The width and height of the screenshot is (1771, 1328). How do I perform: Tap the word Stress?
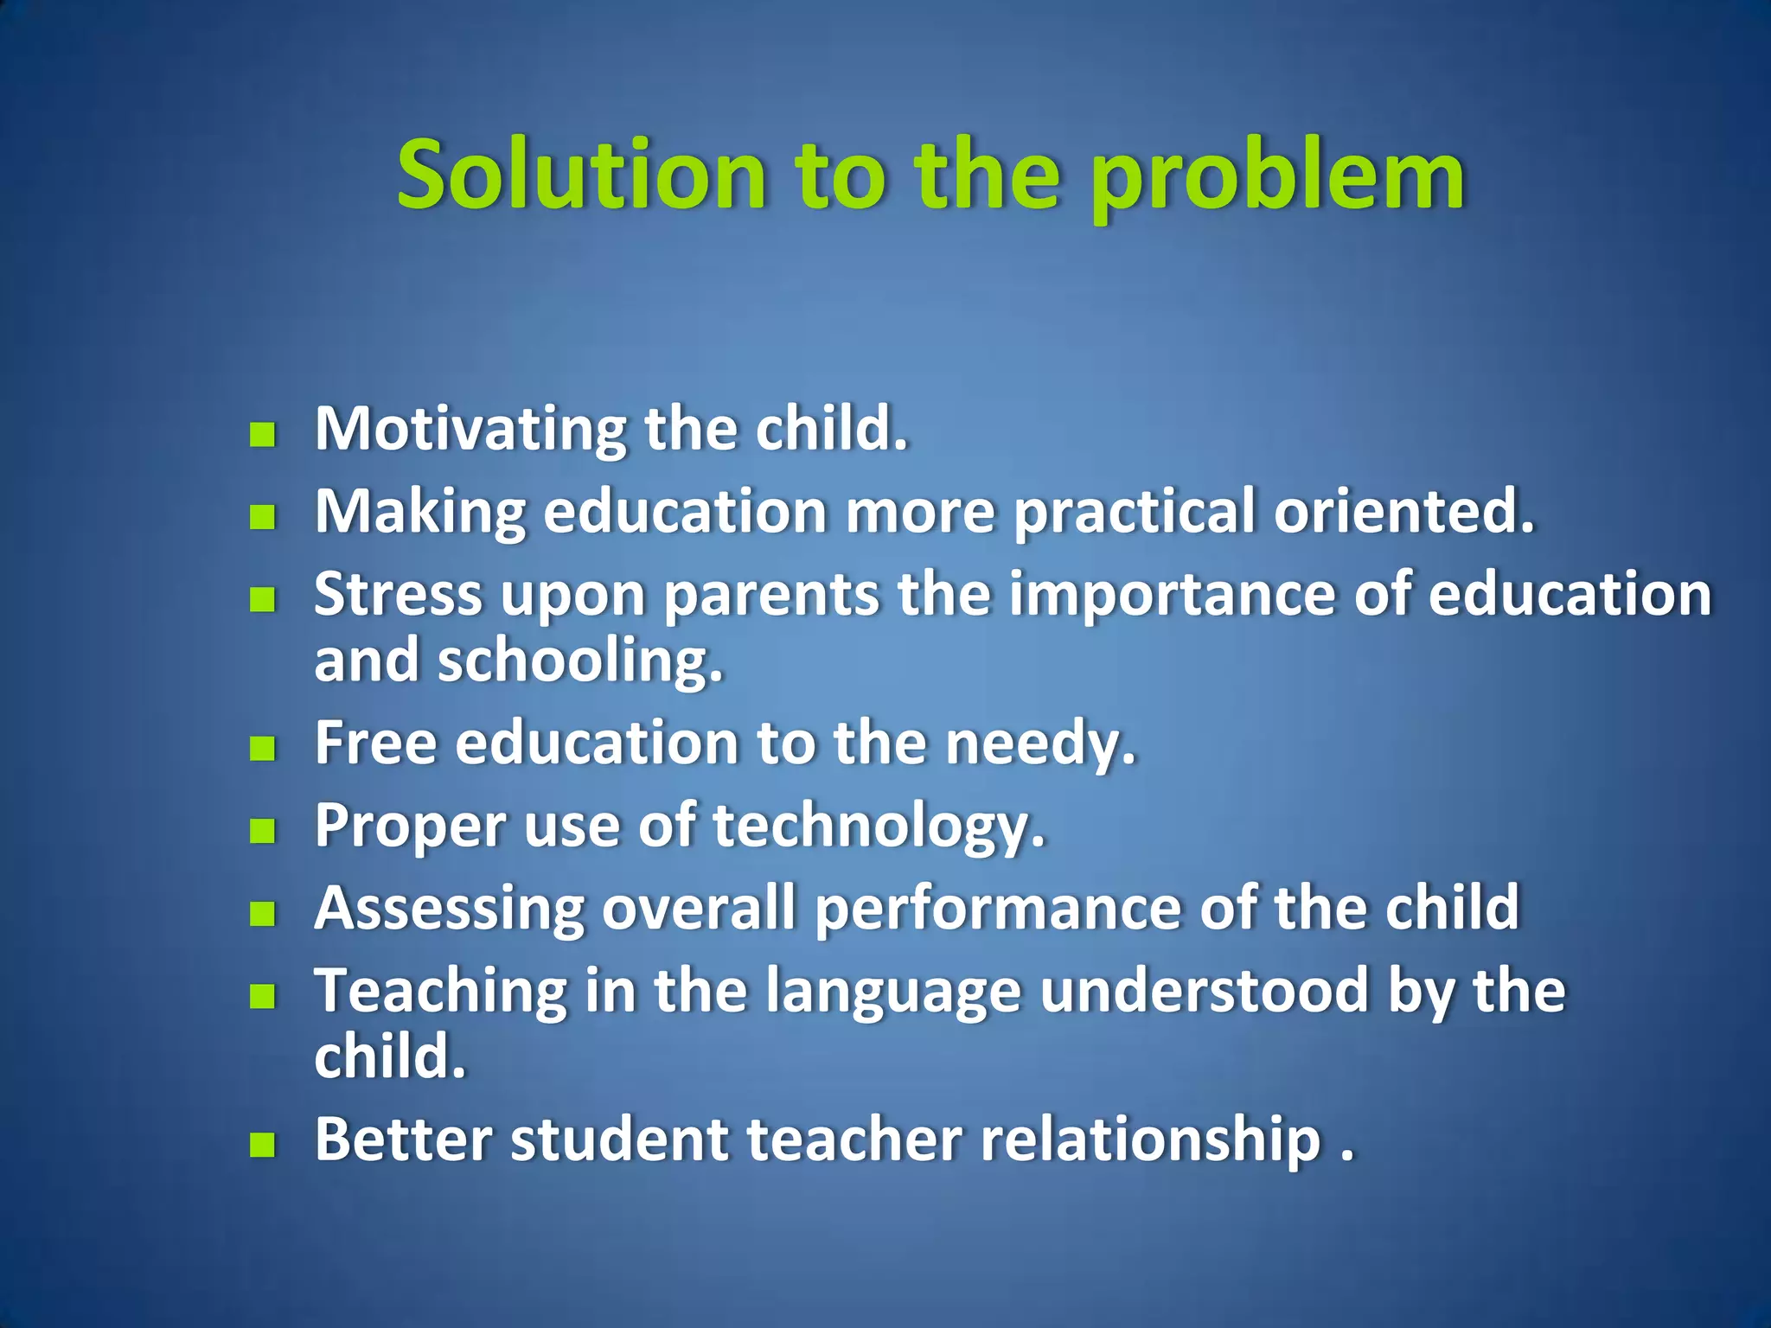coord(399,595)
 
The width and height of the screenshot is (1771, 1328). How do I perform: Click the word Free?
coord(375,743)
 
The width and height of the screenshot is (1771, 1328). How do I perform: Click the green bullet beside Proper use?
coord(262,831)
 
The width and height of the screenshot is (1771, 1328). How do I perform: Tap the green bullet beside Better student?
coord(262,1146)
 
